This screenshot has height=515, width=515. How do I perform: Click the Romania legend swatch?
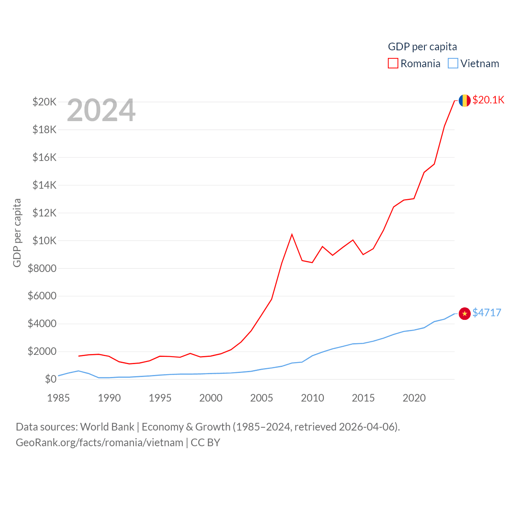click(393, 64)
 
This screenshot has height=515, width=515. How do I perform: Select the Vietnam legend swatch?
click(453, 64)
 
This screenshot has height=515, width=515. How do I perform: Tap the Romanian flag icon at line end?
click(465, 100)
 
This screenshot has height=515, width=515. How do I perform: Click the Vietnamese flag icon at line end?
click(465, 313)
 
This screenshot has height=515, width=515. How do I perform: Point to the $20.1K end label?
click(488, 100)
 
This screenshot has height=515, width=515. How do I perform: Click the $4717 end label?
click(487, 313)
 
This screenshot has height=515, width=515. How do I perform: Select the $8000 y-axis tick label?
click(42, 268)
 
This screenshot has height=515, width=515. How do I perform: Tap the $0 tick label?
click(51, 379)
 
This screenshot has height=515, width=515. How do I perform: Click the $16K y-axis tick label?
click(44, 157)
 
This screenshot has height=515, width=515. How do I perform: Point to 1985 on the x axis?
click(58, 398)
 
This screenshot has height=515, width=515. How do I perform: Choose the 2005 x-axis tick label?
click(262, 398)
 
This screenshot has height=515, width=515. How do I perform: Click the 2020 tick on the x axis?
click(414, 398)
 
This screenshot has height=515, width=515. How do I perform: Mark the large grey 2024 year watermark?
click(101, 110)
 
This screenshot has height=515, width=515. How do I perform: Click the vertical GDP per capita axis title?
click(17, 233)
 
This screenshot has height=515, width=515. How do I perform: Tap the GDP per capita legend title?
click(422, 47)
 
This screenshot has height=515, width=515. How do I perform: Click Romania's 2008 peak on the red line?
click(292, 234)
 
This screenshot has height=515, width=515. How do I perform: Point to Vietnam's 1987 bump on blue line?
click(78, 371)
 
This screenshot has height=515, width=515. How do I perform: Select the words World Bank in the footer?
click(107, 426)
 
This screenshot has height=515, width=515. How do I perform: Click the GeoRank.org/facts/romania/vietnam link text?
click(99, 443)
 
